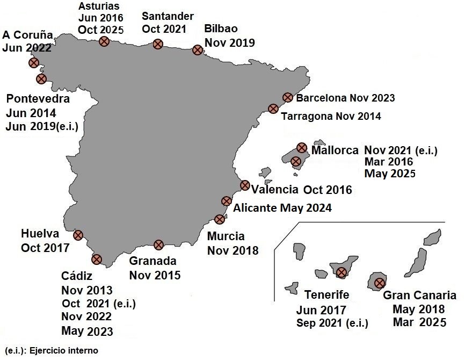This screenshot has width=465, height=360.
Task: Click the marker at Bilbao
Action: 197,50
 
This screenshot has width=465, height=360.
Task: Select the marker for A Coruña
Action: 34,62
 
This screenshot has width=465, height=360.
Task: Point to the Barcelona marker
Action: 287,97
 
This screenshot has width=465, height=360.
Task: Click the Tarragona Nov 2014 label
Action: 331,116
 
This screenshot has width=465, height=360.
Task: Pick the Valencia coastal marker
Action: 245,185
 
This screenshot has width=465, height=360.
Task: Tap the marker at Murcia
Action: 219,219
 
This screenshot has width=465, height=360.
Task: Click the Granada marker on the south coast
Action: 158,245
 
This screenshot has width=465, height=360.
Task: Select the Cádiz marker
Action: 97,259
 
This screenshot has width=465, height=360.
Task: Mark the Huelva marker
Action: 78,235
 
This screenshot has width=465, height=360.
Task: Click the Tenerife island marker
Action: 342,272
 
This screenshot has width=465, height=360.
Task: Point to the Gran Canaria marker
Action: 380,283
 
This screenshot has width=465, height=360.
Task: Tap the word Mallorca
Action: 335,150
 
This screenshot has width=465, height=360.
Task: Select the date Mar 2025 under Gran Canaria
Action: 419,322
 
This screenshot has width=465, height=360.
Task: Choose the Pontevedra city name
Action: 38,99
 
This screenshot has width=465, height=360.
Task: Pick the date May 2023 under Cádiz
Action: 87,330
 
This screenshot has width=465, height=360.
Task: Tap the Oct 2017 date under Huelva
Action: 46,248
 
